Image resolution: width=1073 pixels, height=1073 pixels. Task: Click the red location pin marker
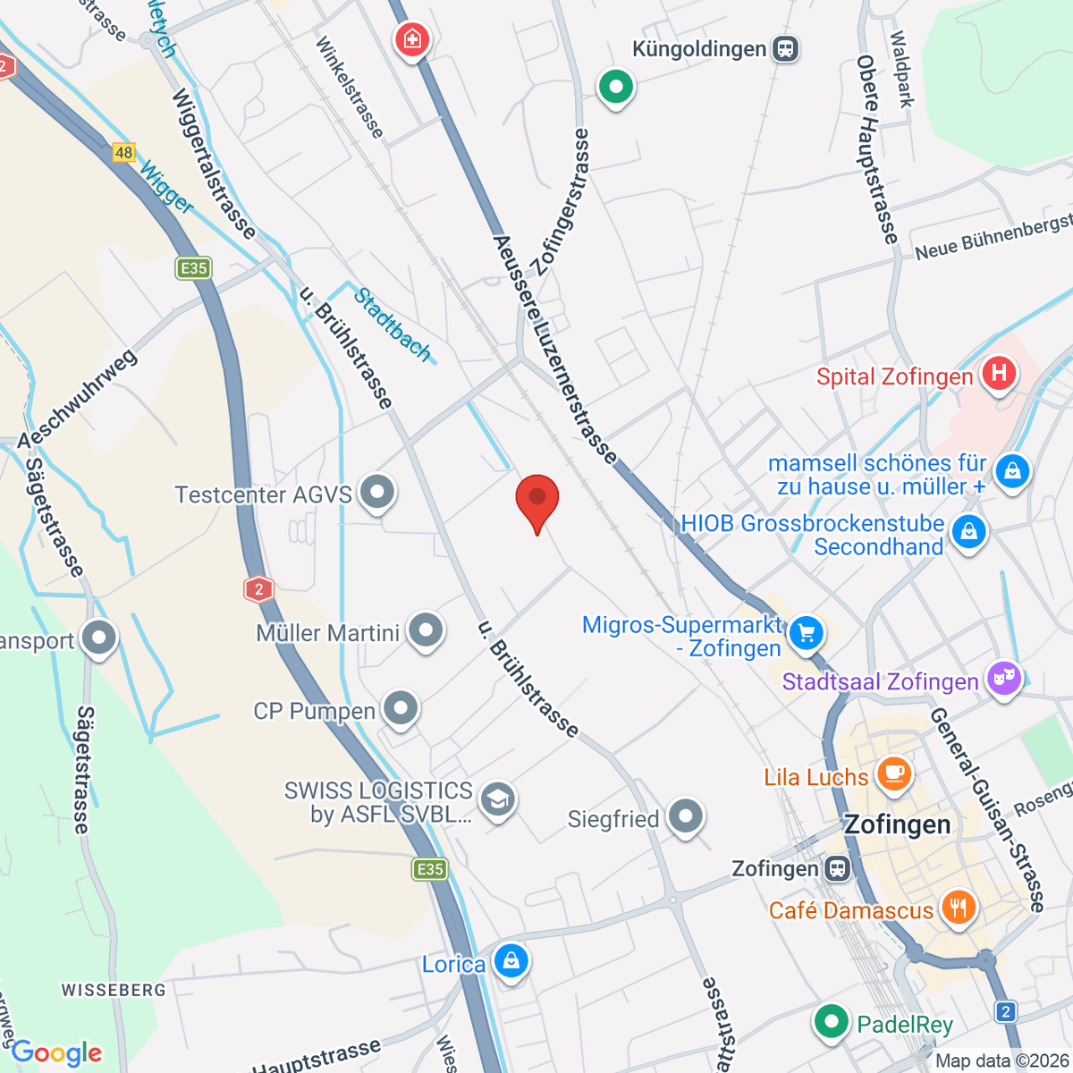coord(537,499)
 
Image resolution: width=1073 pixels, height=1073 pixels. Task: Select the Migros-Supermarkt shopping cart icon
coord(807,633)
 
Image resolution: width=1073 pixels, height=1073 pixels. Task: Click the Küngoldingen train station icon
coord(786,48)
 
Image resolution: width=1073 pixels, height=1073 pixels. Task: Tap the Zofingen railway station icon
coord(838,868)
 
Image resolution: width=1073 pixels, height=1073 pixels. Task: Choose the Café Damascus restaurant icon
coord(958,908)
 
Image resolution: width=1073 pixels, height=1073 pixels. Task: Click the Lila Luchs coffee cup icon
coord(893,773)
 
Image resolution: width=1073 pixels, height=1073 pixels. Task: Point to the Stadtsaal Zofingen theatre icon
coord(1004,679)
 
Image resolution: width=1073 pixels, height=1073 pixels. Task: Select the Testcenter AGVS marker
coord(377,491)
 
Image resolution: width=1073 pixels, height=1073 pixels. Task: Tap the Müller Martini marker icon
coord(426,629)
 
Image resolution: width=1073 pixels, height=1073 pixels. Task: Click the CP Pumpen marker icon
coord(401,708)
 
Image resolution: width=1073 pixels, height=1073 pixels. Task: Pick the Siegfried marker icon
coord(686,816)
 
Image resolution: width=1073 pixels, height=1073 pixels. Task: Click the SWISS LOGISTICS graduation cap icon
coord(497,798)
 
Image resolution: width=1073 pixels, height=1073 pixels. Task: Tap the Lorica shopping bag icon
coord(511,961)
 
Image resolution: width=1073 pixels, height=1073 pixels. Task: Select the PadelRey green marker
coord(831,1020)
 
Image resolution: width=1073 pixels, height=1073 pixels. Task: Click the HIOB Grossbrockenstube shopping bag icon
coord(968,532)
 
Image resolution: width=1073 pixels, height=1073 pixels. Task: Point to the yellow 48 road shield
coord(123,152)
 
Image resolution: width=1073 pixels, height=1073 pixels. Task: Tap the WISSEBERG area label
coord(114,990)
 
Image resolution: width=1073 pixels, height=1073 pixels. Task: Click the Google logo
coord(56,1053)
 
